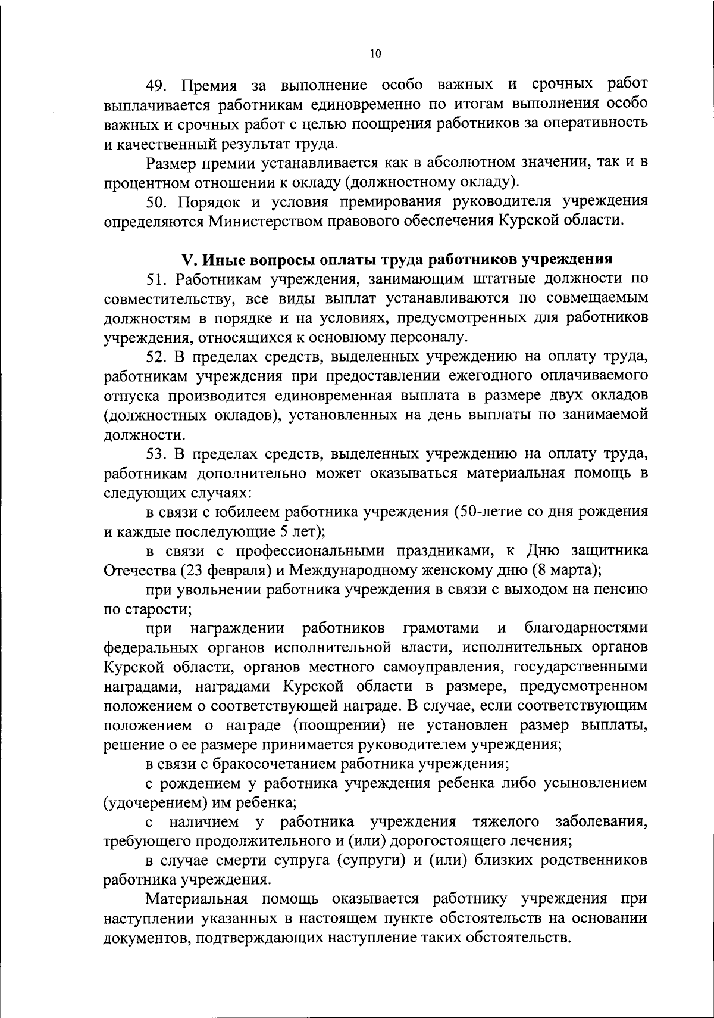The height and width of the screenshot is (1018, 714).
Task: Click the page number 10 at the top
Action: (374, 54)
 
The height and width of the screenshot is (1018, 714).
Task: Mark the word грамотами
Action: (441, 628)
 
